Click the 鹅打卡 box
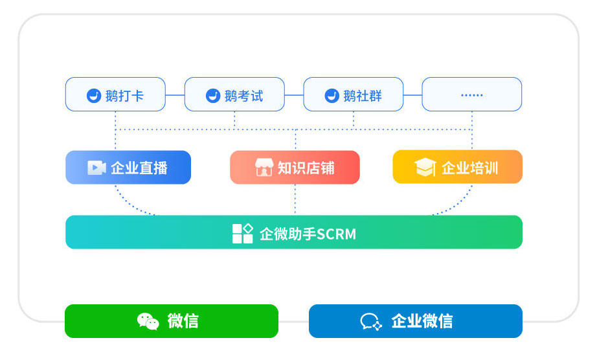pos(115,95)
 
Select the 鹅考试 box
pos(234,95)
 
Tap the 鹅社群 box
pos(353,95)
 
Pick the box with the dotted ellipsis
pos(471,95)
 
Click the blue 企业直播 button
pos(128,168)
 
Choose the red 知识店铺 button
pos(295,168)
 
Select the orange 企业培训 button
pos(457,168)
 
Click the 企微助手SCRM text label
pos(308,234)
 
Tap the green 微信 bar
pos(172,321)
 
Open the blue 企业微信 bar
pos(415,321)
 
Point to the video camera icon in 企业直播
pos(96,168)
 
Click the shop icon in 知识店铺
pos(264,168)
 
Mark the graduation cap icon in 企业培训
pos(425,168)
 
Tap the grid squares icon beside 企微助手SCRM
pos(242,233)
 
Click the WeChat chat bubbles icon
pos(148,321)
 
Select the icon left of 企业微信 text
pos(370,321)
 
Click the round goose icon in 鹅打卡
pos(94,96)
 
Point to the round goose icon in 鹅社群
pos(332,96)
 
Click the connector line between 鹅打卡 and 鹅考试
pos(175,95)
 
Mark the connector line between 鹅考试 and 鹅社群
pos(294,95)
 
